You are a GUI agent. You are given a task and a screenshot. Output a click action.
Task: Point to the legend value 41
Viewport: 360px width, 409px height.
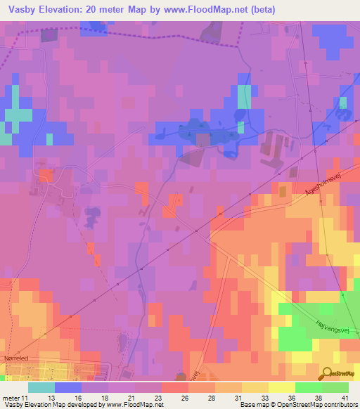tap(344, 397)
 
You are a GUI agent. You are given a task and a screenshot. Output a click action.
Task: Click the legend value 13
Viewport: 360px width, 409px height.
tap(50, 397)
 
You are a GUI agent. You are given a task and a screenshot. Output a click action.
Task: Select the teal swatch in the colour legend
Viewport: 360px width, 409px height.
tap(41, 387)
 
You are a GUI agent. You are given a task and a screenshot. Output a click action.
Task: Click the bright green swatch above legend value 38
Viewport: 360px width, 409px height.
tap(309, 387)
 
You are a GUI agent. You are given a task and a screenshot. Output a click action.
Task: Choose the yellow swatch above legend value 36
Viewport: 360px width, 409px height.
tap(282, 387)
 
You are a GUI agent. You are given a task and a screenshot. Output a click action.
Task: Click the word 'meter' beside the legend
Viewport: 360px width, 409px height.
tap(11, 397)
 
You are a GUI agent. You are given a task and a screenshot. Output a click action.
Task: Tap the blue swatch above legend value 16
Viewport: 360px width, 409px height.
tap(68, 387)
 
